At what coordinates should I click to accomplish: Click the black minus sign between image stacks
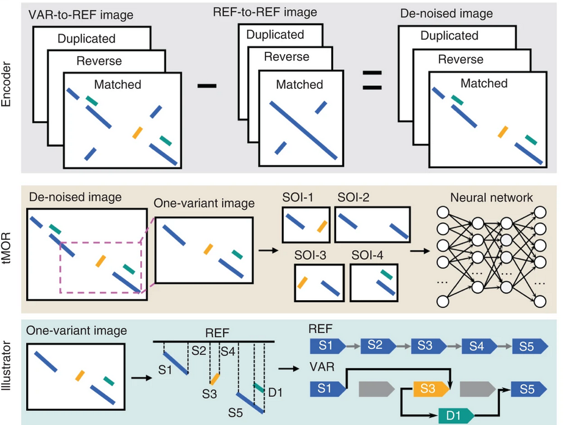207,86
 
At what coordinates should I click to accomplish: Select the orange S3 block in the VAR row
430,387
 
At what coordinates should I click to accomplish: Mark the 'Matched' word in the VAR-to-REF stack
118,85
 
